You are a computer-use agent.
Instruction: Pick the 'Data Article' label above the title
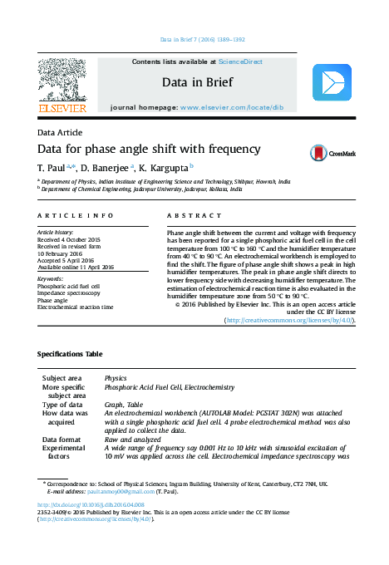(61, 133)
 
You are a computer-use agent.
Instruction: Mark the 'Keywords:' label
(52, 279)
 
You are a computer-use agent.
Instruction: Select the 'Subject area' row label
(66, 378)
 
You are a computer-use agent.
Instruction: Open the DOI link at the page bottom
(91, 504)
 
